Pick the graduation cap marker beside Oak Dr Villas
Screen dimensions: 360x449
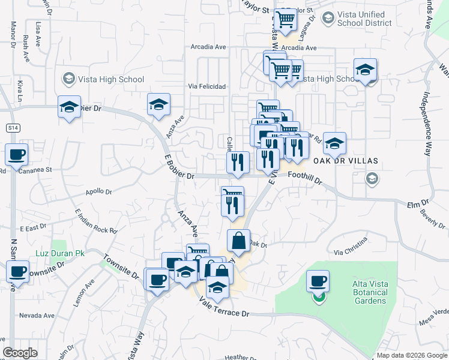tap(335, 143)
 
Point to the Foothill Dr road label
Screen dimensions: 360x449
tap(305, 177)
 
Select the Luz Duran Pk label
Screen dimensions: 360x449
tap(59, 254)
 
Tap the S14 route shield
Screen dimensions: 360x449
tap(12, 128)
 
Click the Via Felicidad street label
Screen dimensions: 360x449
tap(207, 86)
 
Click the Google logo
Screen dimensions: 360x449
tap(20, 353)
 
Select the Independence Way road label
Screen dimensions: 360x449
tap(427, 124)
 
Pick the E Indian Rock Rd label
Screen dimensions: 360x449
tap(96, 222)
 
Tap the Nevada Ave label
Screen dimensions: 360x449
tap(37, 315)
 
